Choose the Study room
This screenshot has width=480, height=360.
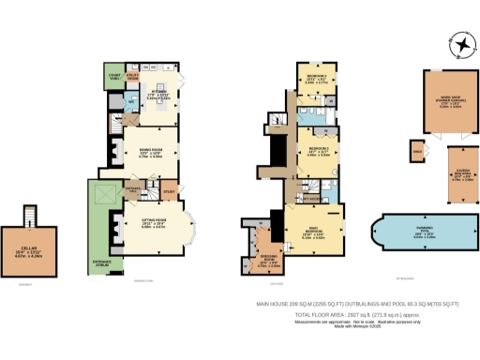point(169,194)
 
